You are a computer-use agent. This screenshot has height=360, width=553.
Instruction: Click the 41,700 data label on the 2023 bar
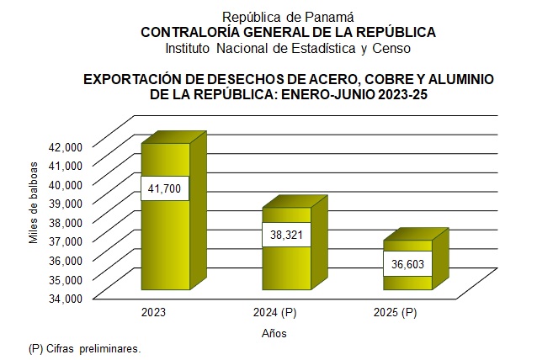coord(165,188)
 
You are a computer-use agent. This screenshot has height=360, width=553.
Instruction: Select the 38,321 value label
coord(286,235)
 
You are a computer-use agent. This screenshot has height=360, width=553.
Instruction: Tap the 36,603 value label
coord(407,263)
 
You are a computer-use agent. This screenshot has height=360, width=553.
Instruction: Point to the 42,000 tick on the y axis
coord(65,146)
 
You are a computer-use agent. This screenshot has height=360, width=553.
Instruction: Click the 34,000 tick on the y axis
coord(65,298)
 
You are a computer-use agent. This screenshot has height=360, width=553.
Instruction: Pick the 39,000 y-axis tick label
coord(65,203)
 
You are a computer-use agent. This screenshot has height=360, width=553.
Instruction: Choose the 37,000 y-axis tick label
coord(65,241)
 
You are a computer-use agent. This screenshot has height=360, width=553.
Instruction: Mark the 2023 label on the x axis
coord(154,313)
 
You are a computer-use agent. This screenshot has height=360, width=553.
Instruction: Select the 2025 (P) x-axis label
coord(395,313)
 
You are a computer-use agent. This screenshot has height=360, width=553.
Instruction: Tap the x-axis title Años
coord(274,334)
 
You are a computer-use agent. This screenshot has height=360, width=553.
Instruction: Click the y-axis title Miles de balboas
coord(34,202)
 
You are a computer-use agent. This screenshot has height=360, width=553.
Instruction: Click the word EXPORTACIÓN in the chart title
coord(129,79)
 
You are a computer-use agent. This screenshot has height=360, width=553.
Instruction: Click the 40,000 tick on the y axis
coord(65,183)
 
